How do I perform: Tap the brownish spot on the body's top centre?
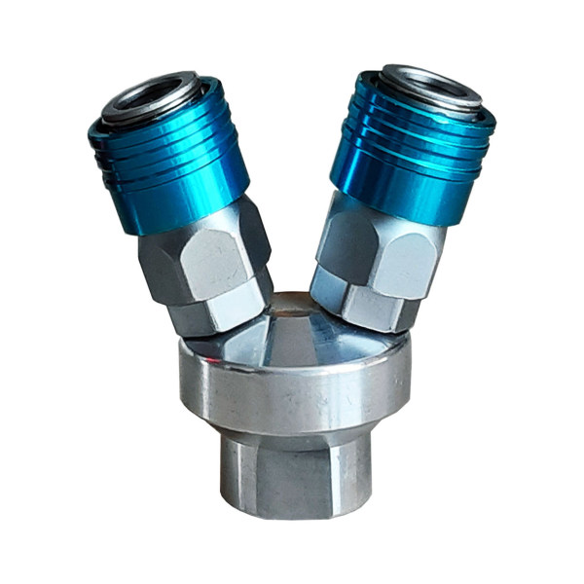(290, 310)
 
